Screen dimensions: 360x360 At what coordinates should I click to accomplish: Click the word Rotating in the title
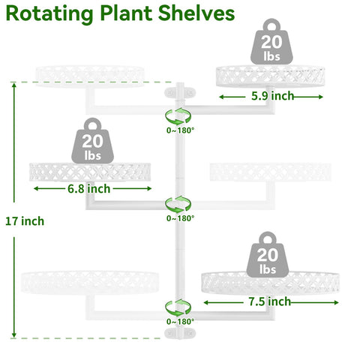point(49,14)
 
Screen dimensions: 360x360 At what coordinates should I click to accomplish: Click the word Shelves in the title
point(196,13)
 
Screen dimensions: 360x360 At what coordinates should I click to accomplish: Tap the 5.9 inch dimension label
point(272,96)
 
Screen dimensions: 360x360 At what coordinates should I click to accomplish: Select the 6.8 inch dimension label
point(88,188)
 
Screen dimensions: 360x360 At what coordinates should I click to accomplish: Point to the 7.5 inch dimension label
point(270,301)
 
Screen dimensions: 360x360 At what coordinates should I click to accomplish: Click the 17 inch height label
point(25,221)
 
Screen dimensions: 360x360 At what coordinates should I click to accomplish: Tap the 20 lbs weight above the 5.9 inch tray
point(271,41)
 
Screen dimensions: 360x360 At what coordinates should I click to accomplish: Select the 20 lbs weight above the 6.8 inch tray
point(92,141)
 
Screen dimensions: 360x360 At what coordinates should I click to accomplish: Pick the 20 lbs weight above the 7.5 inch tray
point(268,254)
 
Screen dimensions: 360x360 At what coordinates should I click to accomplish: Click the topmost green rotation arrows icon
point(178,116)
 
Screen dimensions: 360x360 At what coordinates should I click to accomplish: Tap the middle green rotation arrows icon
point(178,205)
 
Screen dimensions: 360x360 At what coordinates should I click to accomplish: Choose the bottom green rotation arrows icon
point(178,307)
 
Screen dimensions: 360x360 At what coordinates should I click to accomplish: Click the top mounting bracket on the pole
point(180,92)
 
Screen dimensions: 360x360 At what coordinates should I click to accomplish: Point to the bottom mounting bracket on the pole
point(180,334)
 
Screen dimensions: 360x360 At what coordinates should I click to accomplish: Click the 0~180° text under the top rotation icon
point(180,130)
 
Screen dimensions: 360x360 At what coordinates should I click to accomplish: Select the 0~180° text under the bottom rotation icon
point(180,322)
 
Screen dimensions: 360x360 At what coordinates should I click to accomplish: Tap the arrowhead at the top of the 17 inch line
point(14,85)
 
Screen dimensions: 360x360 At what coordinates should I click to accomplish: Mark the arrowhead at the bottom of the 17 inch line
point(14,335)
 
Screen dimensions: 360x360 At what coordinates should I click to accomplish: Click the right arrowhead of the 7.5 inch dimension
point(336,303)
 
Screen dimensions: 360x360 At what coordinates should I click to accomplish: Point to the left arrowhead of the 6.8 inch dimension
point(36,188)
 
